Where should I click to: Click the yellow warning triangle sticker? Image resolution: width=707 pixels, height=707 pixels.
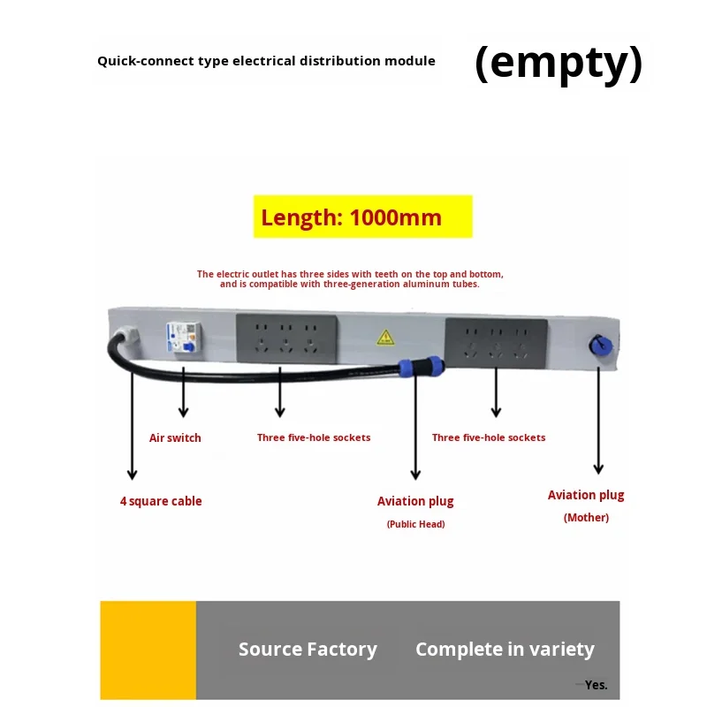coord(385,337)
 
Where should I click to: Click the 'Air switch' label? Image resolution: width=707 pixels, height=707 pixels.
coord(175,437)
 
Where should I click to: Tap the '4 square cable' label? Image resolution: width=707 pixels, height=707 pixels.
coord(161,501)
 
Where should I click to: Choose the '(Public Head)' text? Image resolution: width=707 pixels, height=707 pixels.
coord(415,524)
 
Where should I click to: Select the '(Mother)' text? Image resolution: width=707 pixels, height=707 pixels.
coord(586,517)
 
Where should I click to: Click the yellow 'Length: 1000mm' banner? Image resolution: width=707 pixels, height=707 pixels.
coord(363,217)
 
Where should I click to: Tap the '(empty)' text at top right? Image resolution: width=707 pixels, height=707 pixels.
coord(559,64)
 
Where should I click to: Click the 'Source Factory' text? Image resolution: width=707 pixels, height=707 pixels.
coord(308,650)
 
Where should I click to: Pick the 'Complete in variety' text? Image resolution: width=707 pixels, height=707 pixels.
coord(505,650)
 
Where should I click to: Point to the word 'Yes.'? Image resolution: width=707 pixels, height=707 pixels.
coord(596,685)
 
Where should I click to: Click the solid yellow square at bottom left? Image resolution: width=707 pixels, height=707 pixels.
coord(148,650)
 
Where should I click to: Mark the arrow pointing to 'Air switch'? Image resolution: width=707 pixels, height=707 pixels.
coord(184,393)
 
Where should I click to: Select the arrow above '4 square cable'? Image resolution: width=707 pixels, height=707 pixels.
coord(132,424)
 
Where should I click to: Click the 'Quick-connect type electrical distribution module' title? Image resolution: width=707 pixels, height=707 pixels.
coord(266,61)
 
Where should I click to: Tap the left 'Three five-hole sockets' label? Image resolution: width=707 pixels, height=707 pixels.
coord(314,437)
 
